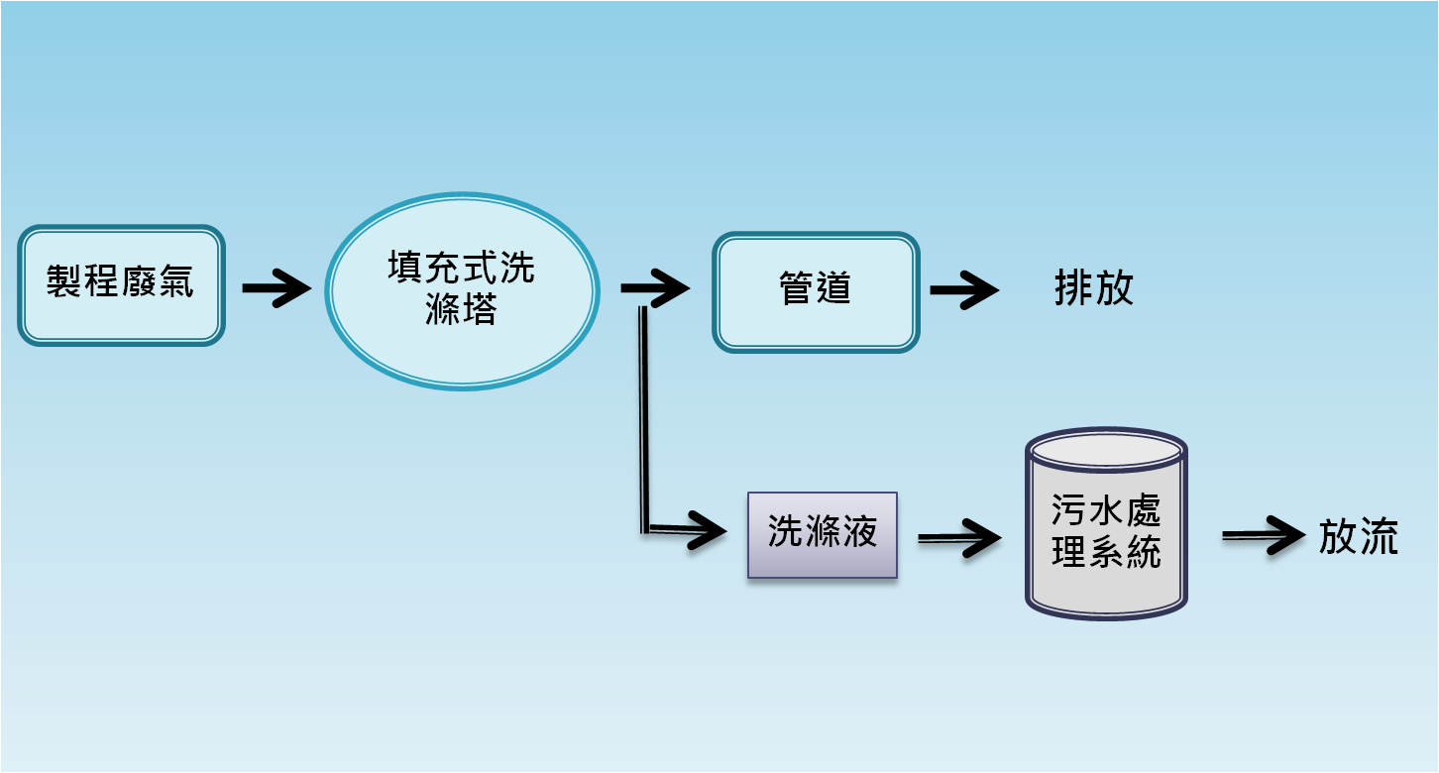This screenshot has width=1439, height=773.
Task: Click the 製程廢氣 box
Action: [x=121, y=285]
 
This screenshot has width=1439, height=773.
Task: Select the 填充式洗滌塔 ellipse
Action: [x=463, y=291]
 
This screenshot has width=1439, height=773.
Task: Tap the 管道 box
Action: [x=816, y=292]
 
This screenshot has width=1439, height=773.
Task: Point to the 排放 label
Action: [x=1094, y=287]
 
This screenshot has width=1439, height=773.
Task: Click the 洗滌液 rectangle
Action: [x=823, y=535]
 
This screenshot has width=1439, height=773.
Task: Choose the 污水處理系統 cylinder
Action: [x=1106, y=523]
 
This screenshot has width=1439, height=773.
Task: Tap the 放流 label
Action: [x=1359, y=536]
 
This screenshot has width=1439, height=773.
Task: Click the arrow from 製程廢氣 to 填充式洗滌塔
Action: [x=277, y=287]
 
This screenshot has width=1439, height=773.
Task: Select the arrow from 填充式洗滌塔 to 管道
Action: [x=655, y=287]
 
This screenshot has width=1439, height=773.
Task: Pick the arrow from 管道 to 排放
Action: [x=965, y=290]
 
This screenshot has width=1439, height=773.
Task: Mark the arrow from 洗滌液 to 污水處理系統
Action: [x=959, y=538]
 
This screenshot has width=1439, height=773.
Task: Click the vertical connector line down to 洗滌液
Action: [x=644, y=419]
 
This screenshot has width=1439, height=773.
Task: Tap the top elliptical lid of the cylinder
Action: [x=1106, y=450]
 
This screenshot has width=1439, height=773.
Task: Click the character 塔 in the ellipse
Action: [x=480, y=309]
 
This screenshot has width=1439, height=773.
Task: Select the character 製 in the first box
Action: [x=63, y=281]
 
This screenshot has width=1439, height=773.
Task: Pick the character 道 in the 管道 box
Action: [x=833, y=287]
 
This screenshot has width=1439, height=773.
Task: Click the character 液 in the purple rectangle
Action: [x=859, y=531]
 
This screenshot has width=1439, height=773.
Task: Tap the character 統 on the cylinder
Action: [x=1144, y=551]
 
